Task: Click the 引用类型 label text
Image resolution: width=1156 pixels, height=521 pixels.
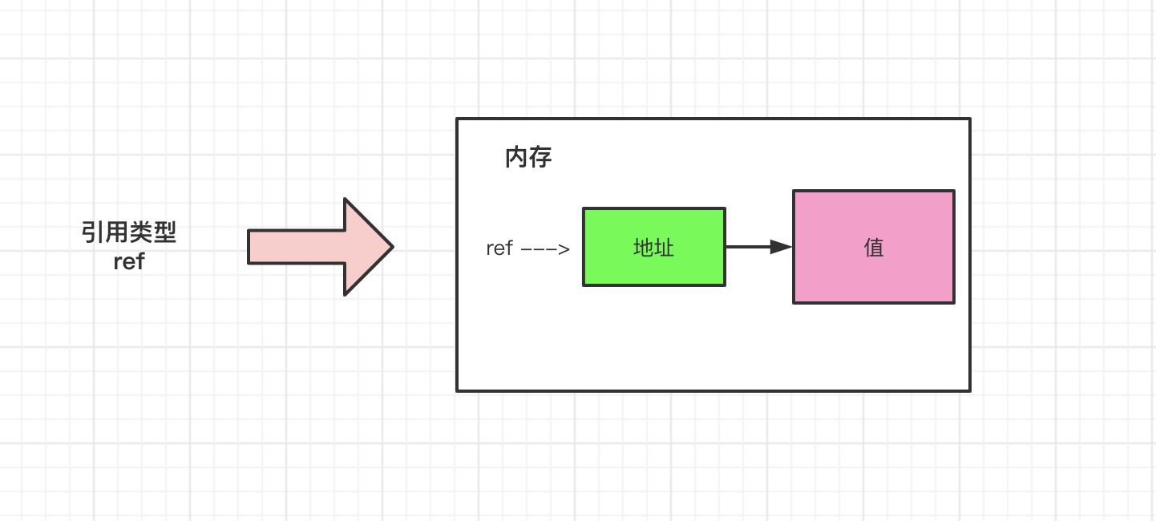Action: [x=129, y=233]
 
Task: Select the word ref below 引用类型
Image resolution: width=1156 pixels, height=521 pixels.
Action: [x=129, y=261]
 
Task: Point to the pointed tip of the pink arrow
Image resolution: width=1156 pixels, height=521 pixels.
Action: [x=392, y=247]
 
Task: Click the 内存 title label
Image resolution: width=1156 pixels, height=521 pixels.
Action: [x=528, y=158]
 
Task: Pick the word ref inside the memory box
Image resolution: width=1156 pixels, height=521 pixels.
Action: [x=499, y=248]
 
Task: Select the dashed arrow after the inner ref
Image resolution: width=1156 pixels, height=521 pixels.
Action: [x=545, y=249]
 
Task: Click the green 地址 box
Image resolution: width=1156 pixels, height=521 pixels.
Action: [x=653, y=247]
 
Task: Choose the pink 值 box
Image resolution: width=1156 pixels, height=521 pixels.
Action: [x=873, y=247]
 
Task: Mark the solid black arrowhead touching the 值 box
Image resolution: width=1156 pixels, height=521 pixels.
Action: [x=781, y=247]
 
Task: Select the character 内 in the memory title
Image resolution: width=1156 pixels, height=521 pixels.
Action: [x=516, y=158]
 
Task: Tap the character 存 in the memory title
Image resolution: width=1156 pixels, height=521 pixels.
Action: [x=540, y=158]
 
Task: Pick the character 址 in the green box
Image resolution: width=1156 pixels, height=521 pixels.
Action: [x=665, y=248]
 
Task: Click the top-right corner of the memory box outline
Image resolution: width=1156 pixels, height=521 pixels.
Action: [x=969, y=119]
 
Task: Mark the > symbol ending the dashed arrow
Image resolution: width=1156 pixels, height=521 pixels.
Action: [x=564, y=249]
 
